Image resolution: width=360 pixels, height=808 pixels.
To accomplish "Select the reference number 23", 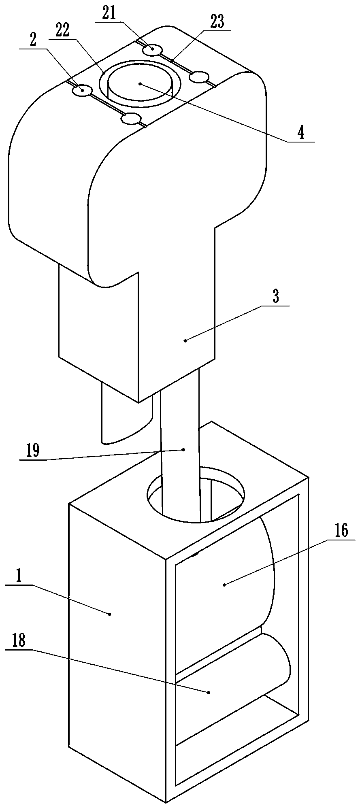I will (x=217, y=23).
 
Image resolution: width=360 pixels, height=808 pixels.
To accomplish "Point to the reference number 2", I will (x=33, y=40).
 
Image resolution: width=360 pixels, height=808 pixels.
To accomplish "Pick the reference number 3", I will (x=276, y=298).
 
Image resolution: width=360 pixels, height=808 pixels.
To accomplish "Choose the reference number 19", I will (x=33, y=451).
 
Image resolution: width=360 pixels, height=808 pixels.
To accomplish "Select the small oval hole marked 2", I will (x=82, y=90).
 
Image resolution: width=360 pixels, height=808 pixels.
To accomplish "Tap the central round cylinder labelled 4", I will (x=140, y=83).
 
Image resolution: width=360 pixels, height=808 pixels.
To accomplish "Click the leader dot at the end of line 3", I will (x=185, y=341).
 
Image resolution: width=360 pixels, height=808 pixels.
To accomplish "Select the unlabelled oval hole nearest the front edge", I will (x=131, y=119).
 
